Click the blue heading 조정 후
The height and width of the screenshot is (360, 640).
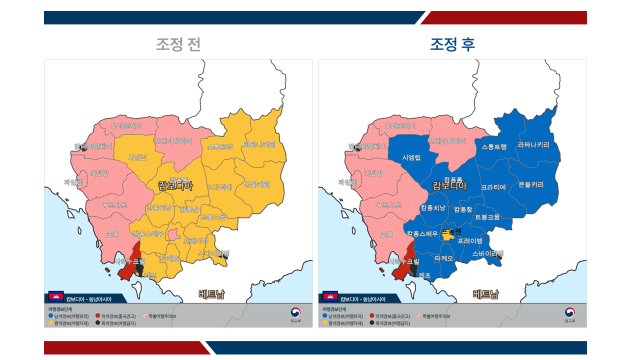tap(453, 45)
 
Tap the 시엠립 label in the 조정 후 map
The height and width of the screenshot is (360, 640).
tap(411, 158)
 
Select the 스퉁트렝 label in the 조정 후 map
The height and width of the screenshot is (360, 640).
tap(494, 147)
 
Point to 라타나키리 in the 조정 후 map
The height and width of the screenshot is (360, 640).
tap(533, 145)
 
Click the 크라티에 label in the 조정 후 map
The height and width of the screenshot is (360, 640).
tap(494, 187)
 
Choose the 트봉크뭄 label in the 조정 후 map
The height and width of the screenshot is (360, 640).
tap(487, 217)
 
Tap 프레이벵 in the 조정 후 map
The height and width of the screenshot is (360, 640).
tap(470, 241)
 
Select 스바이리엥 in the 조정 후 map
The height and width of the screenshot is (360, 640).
tap(487, 254)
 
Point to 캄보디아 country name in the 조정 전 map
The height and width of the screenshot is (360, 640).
tap(176, 186)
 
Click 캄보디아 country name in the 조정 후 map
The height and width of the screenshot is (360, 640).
tap(450, 186)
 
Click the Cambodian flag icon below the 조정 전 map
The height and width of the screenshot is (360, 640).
tap(56, 297)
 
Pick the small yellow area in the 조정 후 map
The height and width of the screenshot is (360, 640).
tap(447, 232)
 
